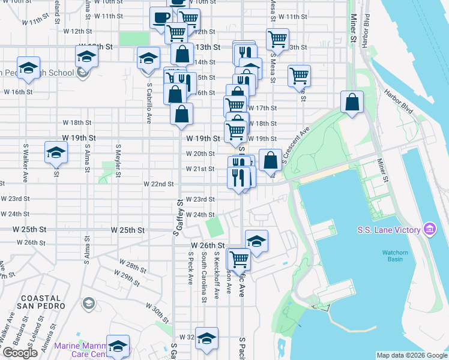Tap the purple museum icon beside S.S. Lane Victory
pyautogui.click(x=429, y=229)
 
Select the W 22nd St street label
pyautogui.click(x=158, y=184)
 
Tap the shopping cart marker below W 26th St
pyautogui.click(x=239, y=259)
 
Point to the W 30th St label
pyautogui.click(x=157, y=313)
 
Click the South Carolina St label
pyautogui.click(x=204, y=276)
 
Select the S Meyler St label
pyautogui.click(x=118, y=159)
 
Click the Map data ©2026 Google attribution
pyautogui.click(x=412, y=355)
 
